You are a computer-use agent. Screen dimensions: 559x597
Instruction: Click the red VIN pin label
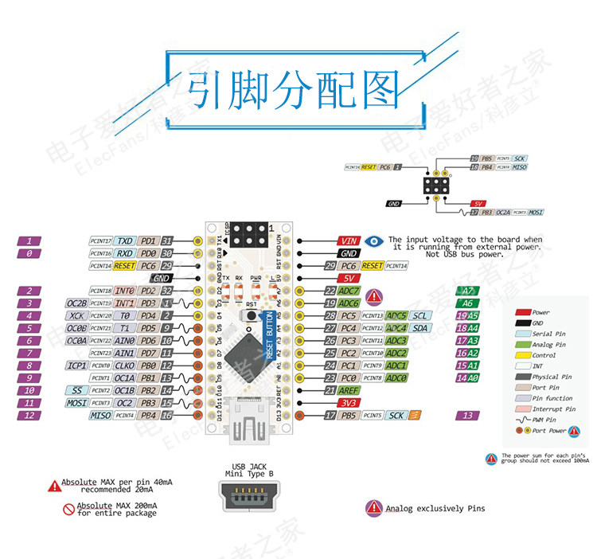point(349,240)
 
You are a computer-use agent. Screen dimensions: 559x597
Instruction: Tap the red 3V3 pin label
point(349,403)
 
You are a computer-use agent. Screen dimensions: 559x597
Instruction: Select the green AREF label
point(349,390)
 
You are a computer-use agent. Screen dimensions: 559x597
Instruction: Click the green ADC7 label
point(349,291)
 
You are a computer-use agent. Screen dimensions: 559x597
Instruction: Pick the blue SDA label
point(421,328)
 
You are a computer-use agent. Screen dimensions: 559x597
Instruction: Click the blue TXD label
point(125,240)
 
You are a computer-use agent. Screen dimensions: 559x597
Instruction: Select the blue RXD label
point(125,253)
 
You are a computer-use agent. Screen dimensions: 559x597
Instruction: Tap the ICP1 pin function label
point(77,365)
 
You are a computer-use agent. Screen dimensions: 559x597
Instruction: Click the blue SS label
point(76,390)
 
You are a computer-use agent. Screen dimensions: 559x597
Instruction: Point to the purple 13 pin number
point(468,415)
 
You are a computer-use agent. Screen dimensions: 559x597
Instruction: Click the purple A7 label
point(468,291)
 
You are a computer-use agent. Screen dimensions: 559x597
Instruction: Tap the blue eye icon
point(374,240)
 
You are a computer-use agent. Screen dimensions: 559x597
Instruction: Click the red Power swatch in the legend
point(522,313)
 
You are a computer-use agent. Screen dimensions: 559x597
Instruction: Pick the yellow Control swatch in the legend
point(522,355)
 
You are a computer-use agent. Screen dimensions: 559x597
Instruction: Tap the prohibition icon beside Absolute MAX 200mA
point(68,509)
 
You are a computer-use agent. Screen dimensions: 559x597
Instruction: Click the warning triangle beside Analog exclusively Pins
point(374,507)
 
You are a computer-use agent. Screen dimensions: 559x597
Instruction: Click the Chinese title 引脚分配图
point(294,90)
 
